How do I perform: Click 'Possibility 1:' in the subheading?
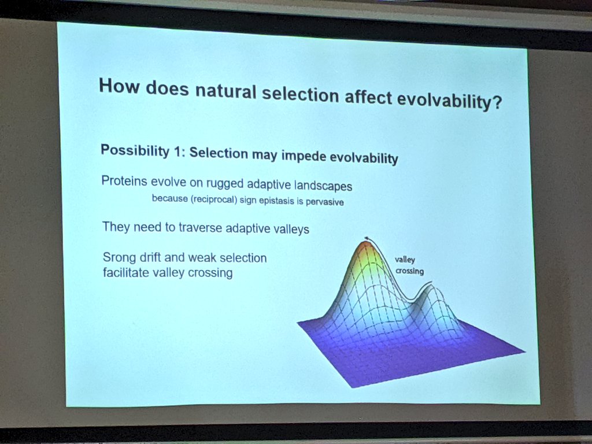[143, 150]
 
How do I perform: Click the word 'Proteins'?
[124, 180]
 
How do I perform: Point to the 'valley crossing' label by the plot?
[409, 265]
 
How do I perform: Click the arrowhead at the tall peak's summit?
[365, 238]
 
